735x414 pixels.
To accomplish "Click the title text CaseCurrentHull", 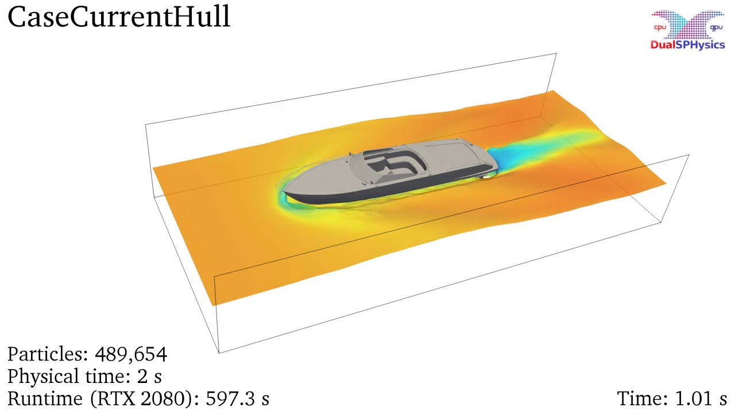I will pos(119,17).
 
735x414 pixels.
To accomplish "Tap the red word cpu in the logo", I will pos(660,28).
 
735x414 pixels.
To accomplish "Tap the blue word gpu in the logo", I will pos(716,28).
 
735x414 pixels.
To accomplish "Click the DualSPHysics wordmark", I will pos(687,45).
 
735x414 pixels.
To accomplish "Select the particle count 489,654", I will pos(131,354).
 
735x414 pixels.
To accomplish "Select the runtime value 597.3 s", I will pos(237,398).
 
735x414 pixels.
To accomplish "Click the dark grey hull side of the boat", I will pos(356,195).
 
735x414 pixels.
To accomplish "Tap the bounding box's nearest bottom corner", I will pos(219,352).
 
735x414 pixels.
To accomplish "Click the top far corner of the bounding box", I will pos(555,54).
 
